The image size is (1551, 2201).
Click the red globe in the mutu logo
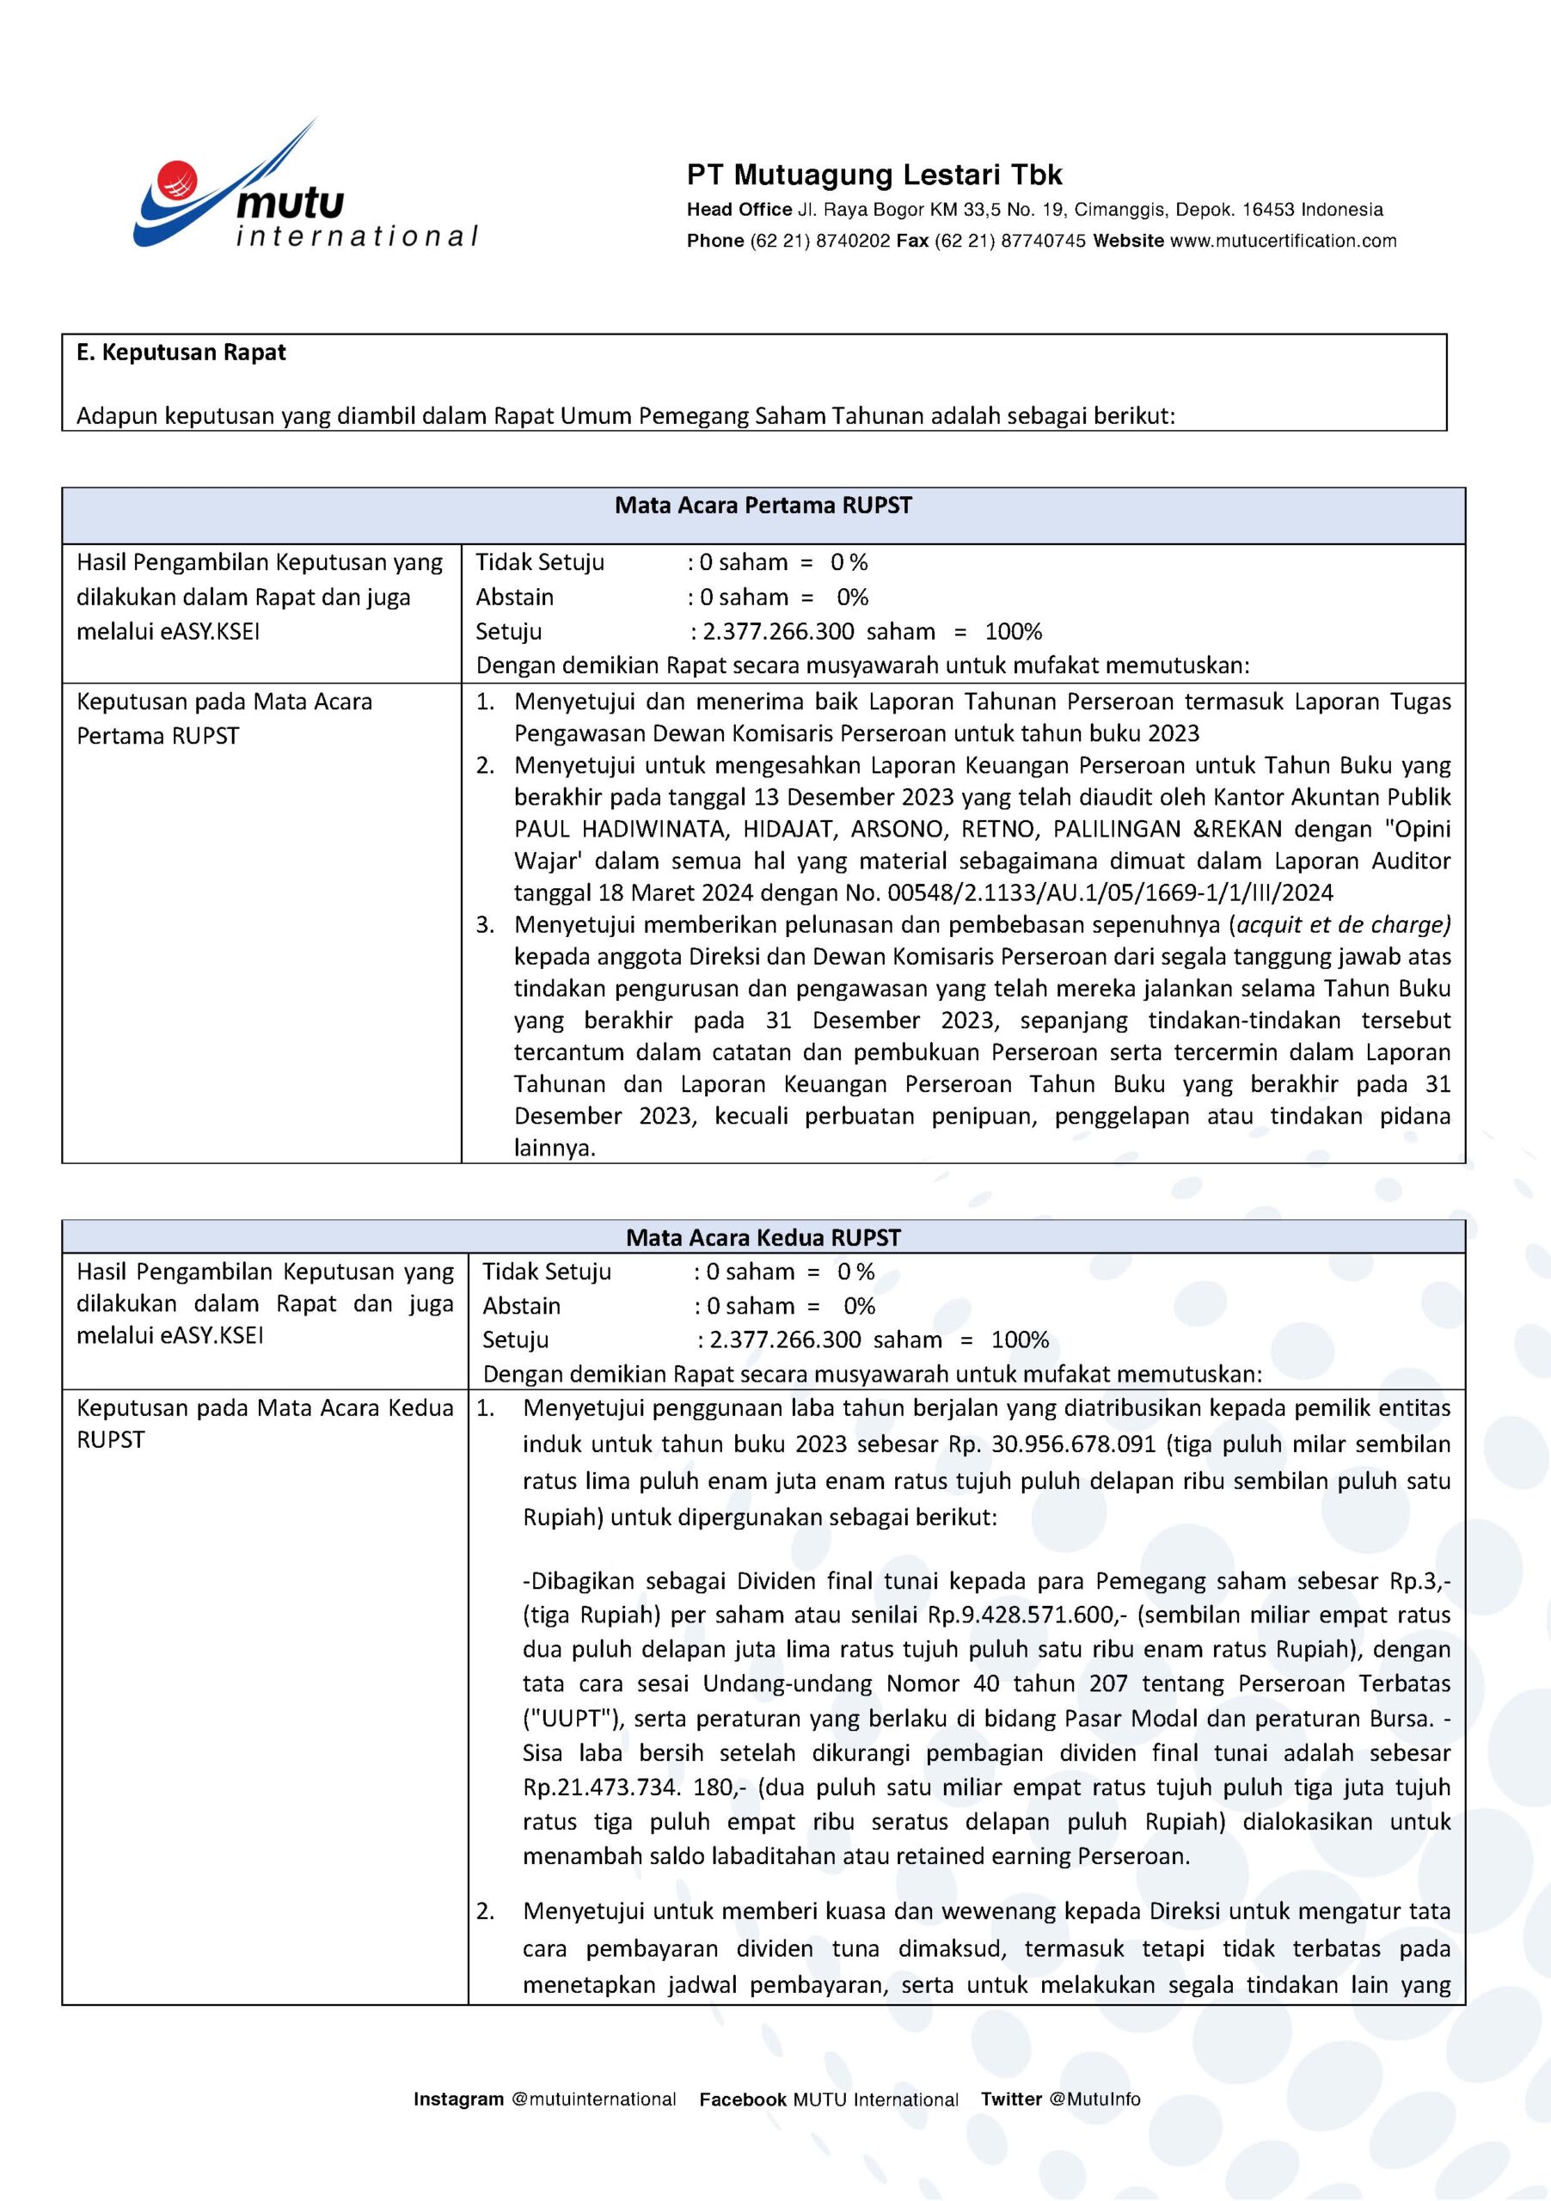tap(177, 178)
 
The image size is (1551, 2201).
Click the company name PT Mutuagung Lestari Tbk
tap(874, 175)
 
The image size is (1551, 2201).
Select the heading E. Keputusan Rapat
tap(181, 353)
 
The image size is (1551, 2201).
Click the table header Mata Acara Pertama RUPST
tap(763, 506)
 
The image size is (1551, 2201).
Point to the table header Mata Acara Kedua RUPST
tap(763, 1237)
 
